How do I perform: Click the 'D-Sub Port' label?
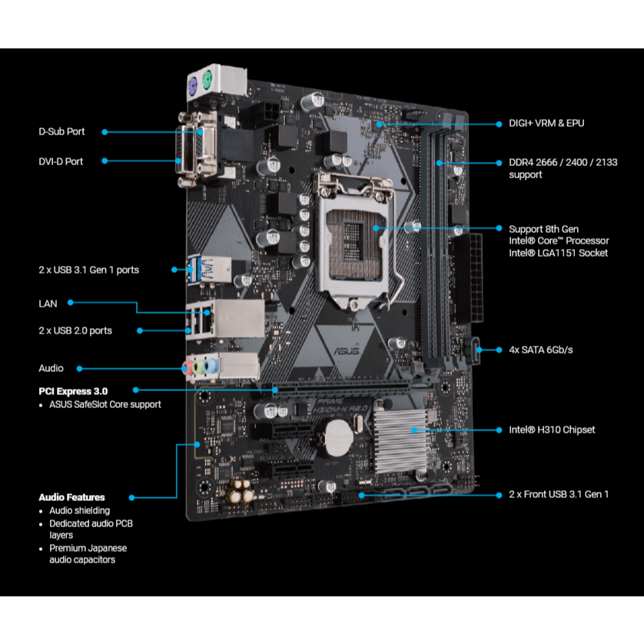[x=61, y=131]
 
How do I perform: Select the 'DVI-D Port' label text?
[x=61, y=161]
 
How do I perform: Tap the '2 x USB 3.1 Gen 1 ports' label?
[x=88, y=270]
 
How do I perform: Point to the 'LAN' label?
[x=48, y=304]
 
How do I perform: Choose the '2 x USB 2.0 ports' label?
[x=75, y=330]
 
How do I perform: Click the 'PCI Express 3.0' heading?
[x=73, y=391]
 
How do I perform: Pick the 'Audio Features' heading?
[x=72, y=497]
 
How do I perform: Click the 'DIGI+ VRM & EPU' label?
[x=546, y=123]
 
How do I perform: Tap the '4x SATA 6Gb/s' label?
[x=540, y=350]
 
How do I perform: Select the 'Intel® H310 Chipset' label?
[x=552, y=430]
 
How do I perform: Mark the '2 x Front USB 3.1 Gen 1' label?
[x=559, y=494]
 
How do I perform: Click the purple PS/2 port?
[x=193, y=88]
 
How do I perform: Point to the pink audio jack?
[x=188, y=368]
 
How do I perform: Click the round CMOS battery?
[x=339, y=439]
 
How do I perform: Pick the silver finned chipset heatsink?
[x=400, y=442]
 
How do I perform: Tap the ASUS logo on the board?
[x=347, y=350]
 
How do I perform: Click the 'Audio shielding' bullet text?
[x=80, y=510]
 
